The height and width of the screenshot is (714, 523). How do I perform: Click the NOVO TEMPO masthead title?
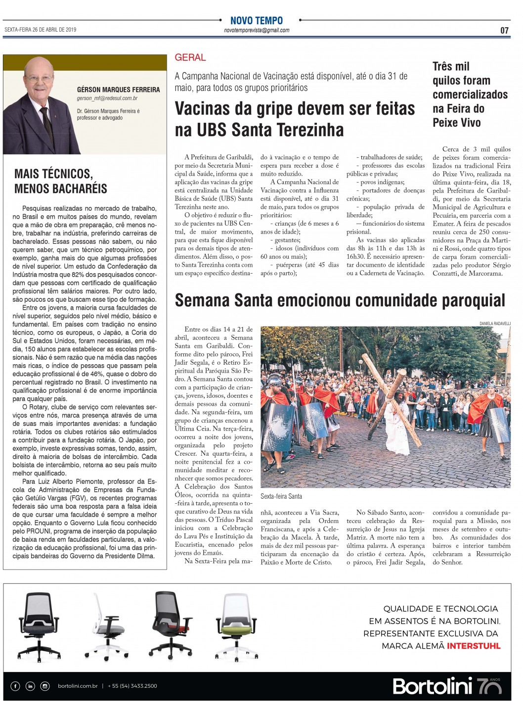tap(257, 20)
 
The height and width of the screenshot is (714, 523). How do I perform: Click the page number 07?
tap(504, 31)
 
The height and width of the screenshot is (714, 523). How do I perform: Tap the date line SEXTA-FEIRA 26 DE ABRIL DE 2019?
tap(41, 30)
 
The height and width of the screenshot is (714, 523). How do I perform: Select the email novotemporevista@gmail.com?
tap(257, 30)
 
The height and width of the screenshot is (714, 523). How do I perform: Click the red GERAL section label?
tap(190, 57)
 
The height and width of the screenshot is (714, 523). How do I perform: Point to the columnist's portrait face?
tap(38, 80)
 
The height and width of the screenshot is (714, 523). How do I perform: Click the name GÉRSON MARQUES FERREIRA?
tap(118, 90)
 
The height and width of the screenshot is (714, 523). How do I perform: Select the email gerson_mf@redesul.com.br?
tap(107, 98)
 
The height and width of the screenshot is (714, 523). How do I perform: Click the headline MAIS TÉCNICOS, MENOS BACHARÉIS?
tap(60, 181)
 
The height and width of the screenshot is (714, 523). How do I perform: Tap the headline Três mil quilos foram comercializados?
tap(470, 94)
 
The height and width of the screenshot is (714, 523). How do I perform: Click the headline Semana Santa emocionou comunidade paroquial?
tap(340, 300)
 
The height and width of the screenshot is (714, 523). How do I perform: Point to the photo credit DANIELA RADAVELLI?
tap(495, 324)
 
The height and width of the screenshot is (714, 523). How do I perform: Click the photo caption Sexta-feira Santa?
tap(281, 496)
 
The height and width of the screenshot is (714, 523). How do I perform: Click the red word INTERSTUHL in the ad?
tap(474, 646)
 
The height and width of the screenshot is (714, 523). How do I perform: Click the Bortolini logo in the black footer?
tap(433, 686)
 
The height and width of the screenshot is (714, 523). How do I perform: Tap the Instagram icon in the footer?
tap(45, 686)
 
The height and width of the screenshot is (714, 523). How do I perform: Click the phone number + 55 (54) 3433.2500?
tap(132, 686)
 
